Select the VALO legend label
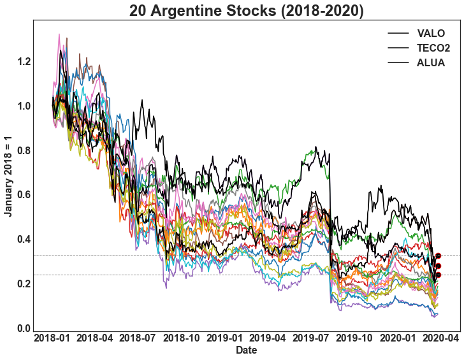(431, 33)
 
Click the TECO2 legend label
(433, 48)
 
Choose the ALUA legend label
(431, 62)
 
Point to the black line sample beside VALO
(398, 33)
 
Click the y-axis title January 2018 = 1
(8, 175)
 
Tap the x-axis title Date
(247, 350)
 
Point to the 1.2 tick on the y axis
(24, 62)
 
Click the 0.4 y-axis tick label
(24, 240)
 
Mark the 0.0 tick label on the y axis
(24, 328)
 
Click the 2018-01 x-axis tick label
(53, 337)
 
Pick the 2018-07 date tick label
(138, 337)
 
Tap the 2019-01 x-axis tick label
(224, 337)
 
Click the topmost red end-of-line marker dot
(438, 256)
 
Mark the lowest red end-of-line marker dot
(438, 275)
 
